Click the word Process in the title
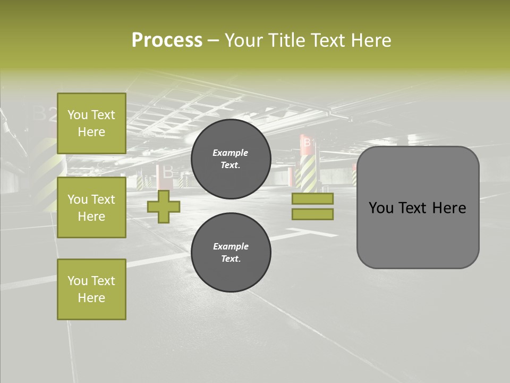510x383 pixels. point(167,40)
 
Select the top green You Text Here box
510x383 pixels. point(91,123)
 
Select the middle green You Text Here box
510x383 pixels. point(91,207)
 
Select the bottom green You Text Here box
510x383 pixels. point(91,289)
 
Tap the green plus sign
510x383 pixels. point(163,206)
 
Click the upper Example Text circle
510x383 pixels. point(231,159)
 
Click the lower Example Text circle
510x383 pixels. point(231,253)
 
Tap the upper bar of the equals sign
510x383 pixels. point(312,198)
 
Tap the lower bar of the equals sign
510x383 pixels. point(312,214)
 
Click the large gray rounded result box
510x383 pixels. point(418,234)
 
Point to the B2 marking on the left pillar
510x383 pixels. point(45,114)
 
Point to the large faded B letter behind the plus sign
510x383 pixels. point(167,172)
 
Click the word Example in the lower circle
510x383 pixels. point(231,246)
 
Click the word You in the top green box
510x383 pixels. point(77,115)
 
